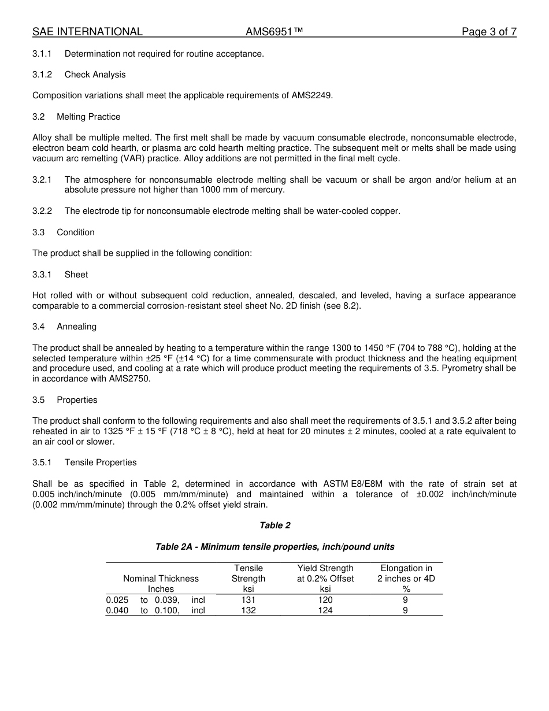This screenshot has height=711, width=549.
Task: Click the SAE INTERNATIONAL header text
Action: click(87, 32)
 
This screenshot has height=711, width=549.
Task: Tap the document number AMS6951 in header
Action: click(274, 32)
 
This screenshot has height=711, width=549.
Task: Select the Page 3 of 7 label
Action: click(489, 32)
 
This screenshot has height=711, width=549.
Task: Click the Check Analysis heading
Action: click(95, 75)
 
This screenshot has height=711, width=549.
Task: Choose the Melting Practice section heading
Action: click(88, 117)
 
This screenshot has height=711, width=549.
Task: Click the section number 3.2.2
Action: click(42, 211)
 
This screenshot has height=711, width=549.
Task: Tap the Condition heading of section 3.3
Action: click(76, 232)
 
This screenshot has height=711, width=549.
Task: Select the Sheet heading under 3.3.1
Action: click(76, 275)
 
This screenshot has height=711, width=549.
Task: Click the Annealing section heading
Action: click(76, 327)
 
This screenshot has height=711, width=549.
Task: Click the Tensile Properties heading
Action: click(101, 462)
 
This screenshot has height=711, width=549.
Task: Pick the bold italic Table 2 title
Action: click(275, 525)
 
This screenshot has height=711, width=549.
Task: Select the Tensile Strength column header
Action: click(248, 579)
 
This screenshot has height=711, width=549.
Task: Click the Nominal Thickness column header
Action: click(161, 579)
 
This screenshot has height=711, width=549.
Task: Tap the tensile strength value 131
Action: click(248, 600)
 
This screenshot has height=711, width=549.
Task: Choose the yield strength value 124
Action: click(325, 610)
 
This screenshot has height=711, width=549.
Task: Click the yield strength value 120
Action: click(325, 600)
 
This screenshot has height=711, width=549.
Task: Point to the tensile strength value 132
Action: click(248, 610)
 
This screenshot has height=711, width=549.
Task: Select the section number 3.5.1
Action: click(42, 462)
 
